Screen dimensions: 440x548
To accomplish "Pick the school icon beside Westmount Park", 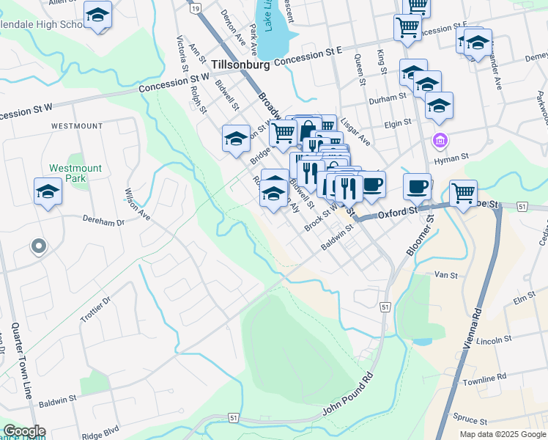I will pyautogui.click(x=48, y=192).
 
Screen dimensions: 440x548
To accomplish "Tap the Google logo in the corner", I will pyautogui.click(x=23, y=431).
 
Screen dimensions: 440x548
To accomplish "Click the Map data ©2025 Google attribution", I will pyautogui.click(x=502, y=434).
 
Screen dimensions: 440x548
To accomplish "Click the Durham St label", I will pyautogui.click(x=388, y=96).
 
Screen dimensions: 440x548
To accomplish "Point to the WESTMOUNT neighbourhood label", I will pyautogui.click(x=77, y=126).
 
